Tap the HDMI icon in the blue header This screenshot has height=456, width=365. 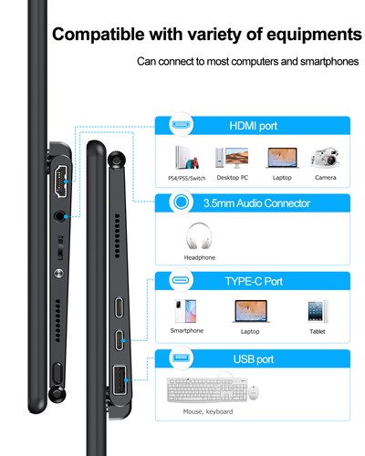181,124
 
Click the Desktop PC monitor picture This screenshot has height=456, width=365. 232,157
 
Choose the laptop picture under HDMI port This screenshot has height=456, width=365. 280,158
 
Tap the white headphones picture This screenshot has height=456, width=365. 200,236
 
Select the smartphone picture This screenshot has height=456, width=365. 187,311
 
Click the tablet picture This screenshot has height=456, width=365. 317,311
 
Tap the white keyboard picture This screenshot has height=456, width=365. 204,392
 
